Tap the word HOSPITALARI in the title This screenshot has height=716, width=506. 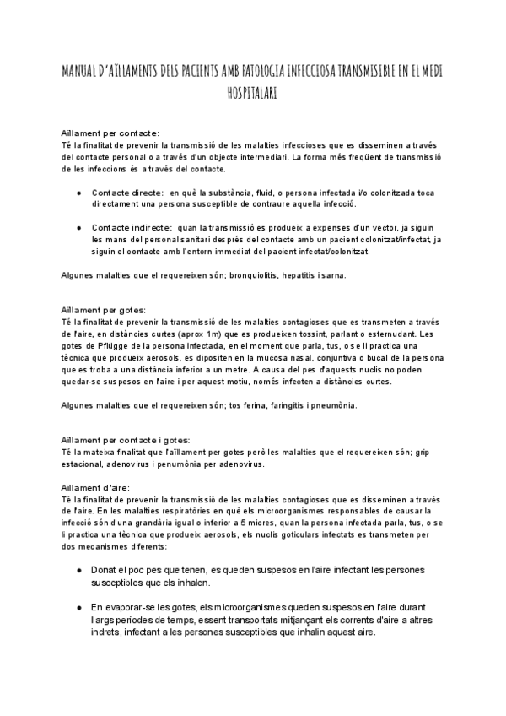coord(252,95)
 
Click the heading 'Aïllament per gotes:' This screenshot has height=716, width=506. coord(104,310)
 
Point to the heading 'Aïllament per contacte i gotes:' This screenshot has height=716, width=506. coord(126,440)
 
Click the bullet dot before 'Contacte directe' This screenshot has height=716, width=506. coord(78,193)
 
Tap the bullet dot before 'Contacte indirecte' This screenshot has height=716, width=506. coord(78,227)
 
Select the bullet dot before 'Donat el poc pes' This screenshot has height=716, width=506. coord(78,572)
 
